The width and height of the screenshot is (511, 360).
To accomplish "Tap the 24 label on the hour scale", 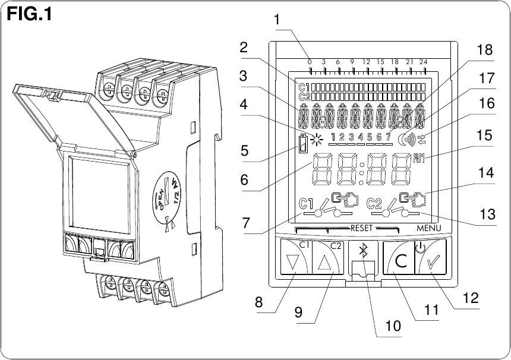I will click(x=423, y=62).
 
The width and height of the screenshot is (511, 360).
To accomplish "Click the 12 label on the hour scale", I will click(x=366, y=62).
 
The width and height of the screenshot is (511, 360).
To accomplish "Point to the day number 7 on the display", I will click(x=388, y=138).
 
